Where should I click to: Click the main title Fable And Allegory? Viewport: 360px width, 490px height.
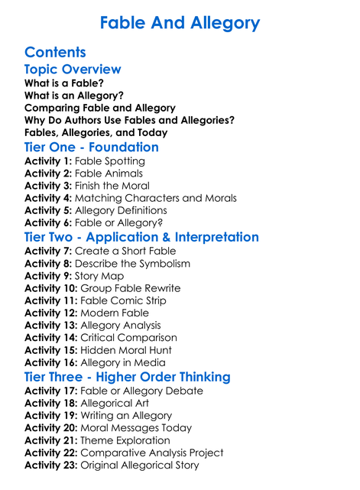click(180, 22)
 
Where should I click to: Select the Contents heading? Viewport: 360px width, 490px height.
click(55, 53)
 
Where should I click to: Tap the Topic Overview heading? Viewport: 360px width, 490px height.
click(73, 70)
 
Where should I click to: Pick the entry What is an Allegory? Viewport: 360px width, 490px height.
click(74, 96)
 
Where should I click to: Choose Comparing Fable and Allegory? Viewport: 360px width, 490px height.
click(100, 108)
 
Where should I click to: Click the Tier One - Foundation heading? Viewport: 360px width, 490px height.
click(92, 148)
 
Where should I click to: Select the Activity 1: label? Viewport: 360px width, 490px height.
click(50, 161)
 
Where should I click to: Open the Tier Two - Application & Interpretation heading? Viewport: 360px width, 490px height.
click(141, 237)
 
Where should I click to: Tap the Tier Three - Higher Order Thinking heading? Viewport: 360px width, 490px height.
click(128, 377)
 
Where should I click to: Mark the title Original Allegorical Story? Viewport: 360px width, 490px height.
click(139, 465)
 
